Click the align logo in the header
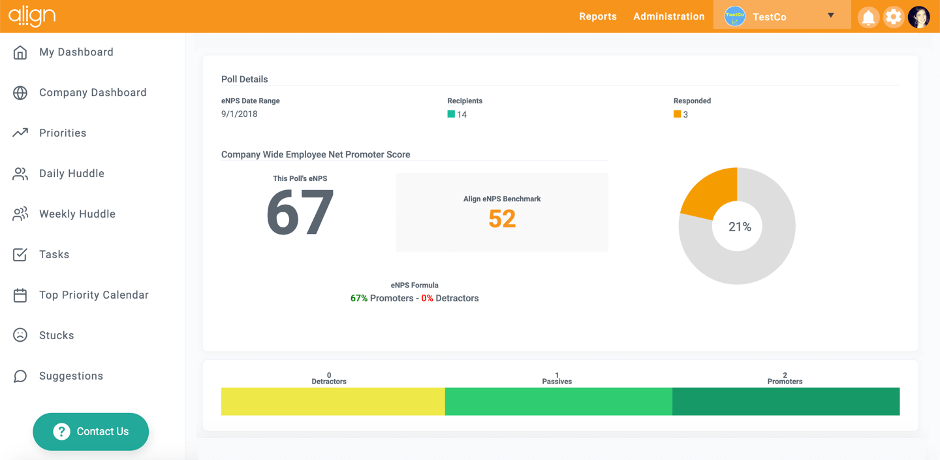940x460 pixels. (x=32, y=16)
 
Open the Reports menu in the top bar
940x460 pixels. (x=597, y=16)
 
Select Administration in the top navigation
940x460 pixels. (x=668, y=16)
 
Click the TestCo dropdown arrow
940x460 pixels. (x=830, y=16)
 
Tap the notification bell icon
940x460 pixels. (x=868, y=17)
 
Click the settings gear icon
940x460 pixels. (x=893, y=17)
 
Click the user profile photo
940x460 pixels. (x=918, y=17)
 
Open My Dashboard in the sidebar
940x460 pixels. (x=76, y=52)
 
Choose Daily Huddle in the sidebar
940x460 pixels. (x=71, y=174)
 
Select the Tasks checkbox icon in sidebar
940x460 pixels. (x=20, y=255)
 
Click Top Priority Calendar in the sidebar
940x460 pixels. (x=93, y=295)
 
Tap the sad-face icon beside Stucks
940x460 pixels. (x=20, y=335)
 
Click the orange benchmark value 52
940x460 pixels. (x=502, y=219)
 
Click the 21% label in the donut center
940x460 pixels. (x=740, y=227)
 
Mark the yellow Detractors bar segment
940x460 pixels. (x=333, y=401)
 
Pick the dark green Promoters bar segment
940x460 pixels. (x=786, y=401)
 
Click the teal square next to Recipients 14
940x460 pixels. (x=451, y=114)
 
